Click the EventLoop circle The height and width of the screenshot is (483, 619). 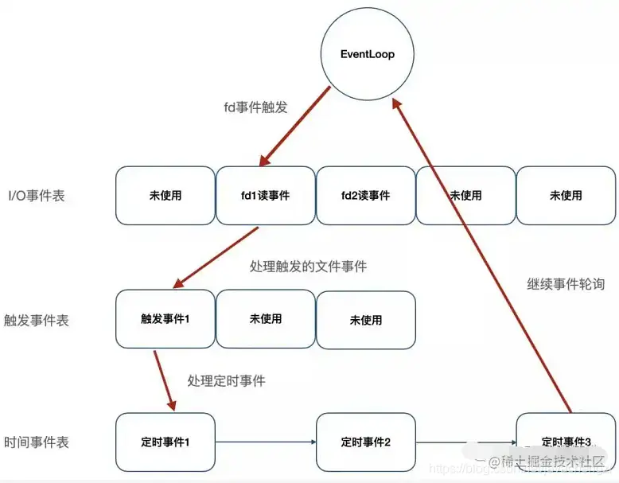point(368,54)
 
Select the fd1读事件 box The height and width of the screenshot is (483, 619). point(266,195)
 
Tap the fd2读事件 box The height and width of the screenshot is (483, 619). point(366,195)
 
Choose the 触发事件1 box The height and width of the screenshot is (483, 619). point(165,319)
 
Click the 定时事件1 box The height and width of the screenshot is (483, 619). point(165,442)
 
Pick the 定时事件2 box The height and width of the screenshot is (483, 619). point(366,442)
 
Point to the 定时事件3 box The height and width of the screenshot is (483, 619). point(566,442)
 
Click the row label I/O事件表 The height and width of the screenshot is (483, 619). point(37,196)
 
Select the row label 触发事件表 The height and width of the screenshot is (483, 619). point(37,320)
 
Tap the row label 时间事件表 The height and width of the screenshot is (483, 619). point(37,442)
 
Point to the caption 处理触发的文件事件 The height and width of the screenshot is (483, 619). point(308,267)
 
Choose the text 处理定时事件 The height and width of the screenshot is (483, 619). point(227,381)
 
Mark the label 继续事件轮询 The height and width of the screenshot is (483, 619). point(566,283)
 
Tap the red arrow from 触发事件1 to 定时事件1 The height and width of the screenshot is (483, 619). point(165,380)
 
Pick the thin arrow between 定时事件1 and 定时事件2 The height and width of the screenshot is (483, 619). point(265,442)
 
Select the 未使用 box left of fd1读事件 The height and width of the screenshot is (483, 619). point(165,195)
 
